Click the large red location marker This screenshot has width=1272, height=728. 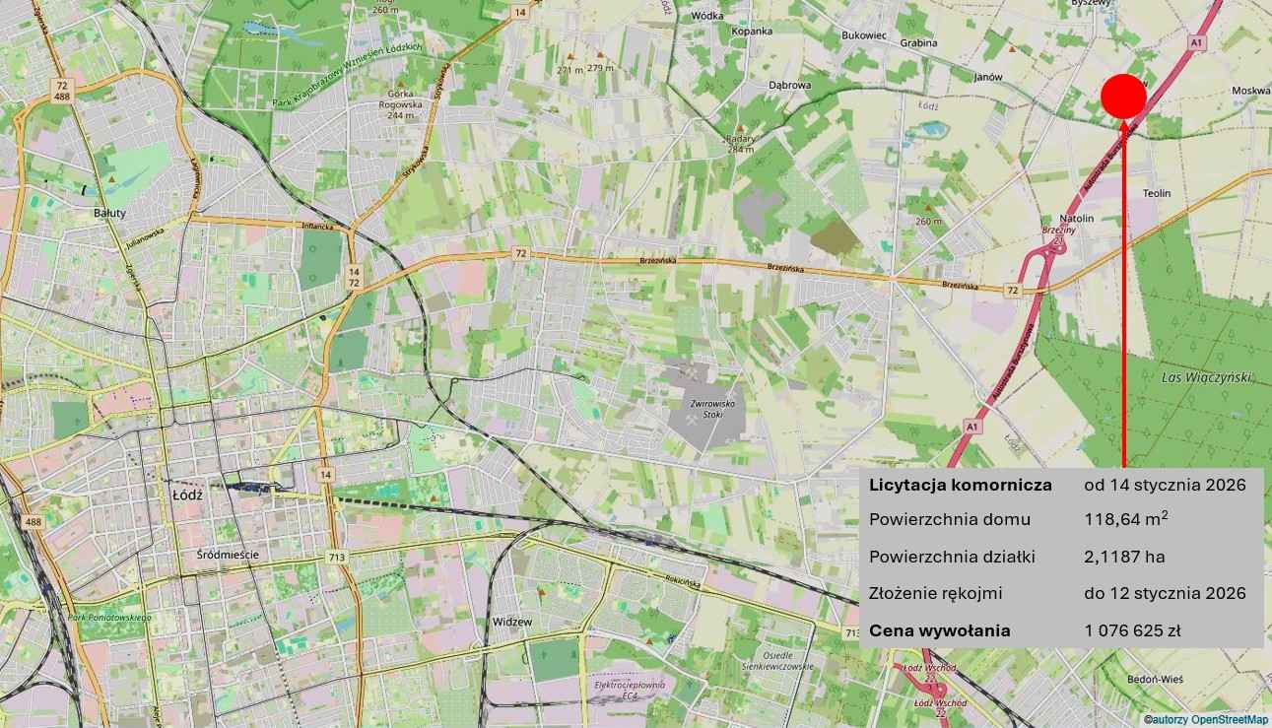click(x=1123, y=97)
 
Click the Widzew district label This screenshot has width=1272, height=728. click(x=511, y=622)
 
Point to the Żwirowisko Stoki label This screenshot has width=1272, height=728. click(x=707, y=409)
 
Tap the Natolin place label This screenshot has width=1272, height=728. click(x=1077, y=218)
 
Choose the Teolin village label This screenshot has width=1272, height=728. click(x=1157, y=193)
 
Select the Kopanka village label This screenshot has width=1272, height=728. click(x=752, y=32)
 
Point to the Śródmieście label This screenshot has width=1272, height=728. click(x=222, y=555)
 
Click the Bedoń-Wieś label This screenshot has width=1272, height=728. click(x=1155, y=680)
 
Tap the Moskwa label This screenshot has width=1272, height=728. click(x=1250, y=91)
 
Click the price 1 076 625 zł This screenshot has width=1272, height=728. click(x=1132, y=630)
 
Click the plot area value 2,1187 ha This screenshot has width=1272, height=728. click(x=1124, y=557)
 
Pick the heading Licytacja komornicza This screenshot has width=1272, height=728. click(x=960, y=485)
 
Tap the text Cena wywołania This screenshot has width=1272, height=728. click(x=939, y=630)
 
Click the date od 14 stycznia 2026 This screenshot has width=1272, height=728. click(x=1165, y=485)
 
